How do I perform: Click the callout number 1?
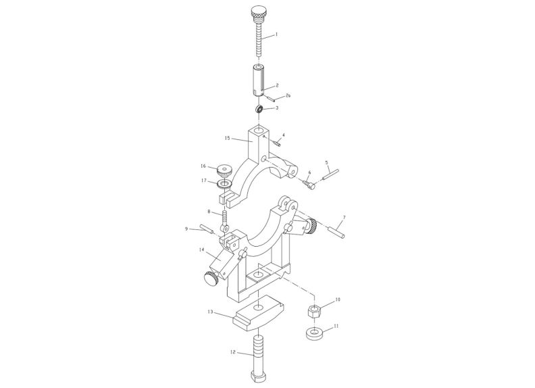click(276, 34)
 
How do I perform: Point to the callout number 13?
click(210, 312)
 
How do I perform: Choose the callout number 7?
click(344, 218)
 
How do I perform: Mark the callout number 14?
click(201, 250)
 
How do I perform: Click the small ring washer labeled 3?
click(259, 109)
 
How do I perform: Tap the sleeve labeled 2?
click(259, 80)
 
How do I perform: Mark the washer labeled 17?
click(224, 183)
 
